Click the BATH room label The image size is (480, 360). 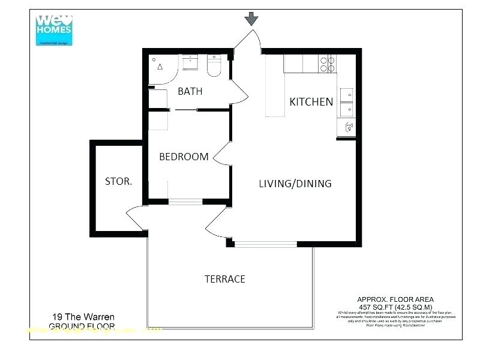tap(190, 92)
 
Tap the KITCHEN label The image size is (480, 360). tap(311, 102)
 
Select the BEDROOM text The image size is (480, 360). tap(184, 157)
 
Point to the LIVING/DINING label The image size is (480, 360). tap(295, 184)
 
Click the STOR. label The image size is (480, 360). tap(118, 181)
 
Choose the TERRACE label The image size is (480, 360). tap(224, 279)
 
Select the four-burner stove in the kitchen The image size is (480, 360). tap(328, 64)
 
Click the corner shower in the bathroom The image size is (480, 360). tap(160, 67)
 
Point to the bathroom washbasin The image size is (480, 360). tap(190, 61)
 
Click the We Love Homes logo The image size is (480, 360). tap(54, 29)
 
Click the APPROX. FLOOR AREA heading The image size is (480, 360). tap(395, 299)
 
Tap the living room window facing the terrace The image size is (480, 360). tap(265, 244)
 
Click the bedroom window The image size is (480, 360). tap(187, 202)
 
